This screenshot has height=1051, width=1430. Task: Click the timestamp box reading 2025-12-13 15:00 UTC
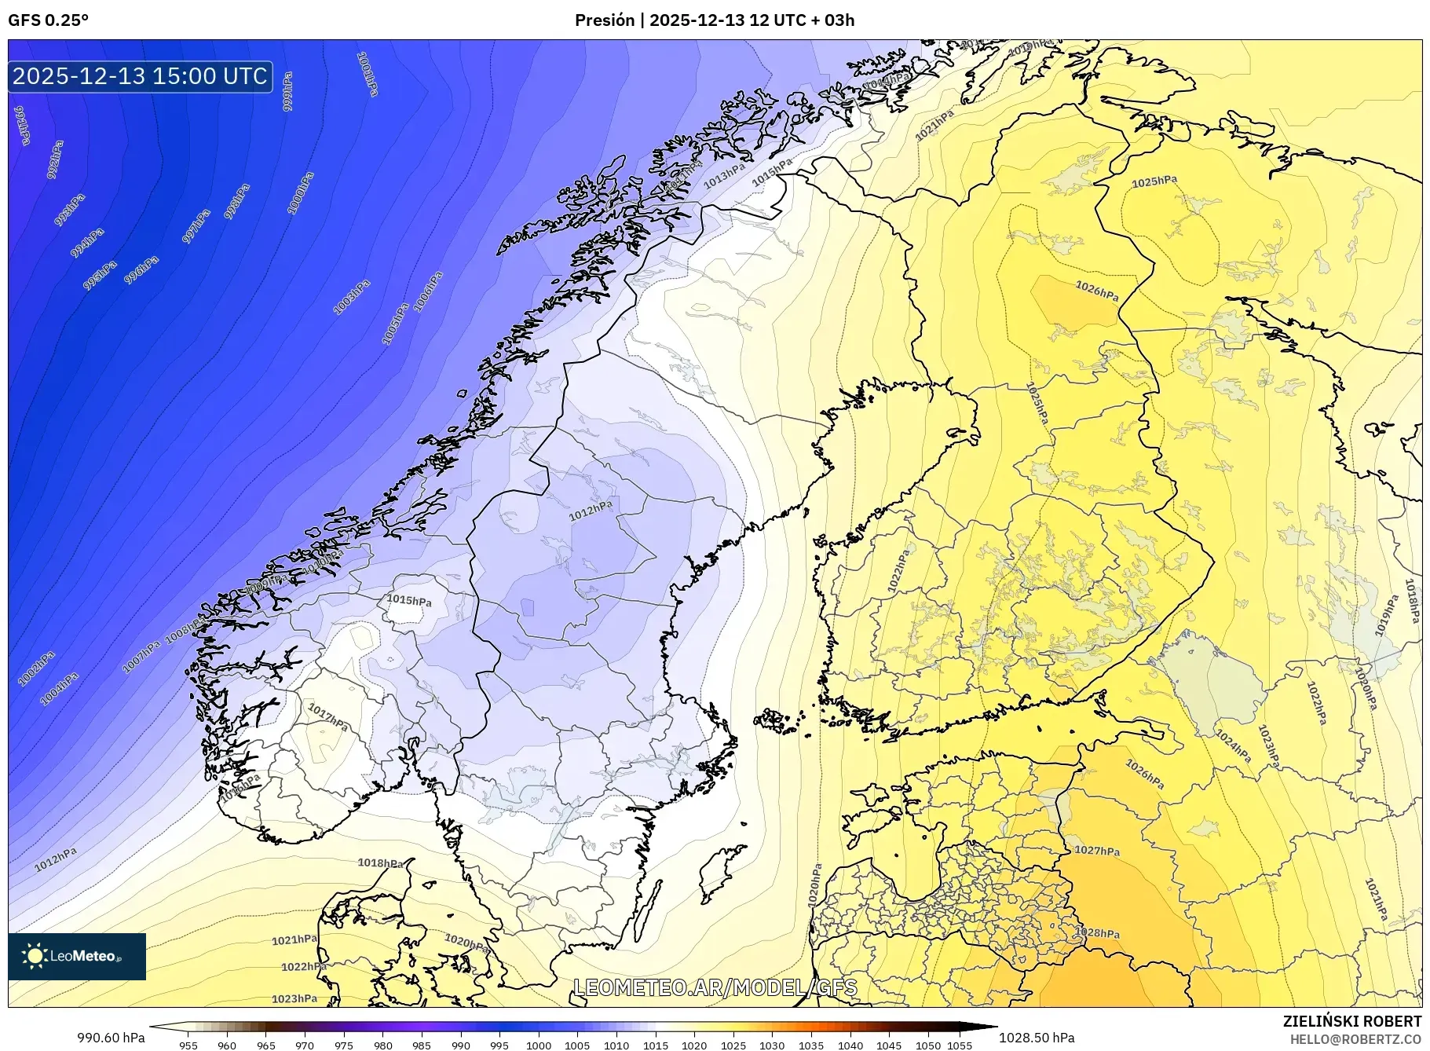click(141, 76)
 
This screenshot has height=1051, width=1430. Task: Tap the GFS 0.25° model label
click(48, 20)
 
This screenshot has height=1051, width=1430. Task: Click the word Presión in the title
click(604, 20)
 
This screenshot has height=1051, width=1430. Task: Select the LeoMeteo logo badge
click(77, 956)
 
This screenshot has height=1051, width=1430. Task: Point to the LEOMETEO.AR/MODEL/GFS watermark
click(715, 987)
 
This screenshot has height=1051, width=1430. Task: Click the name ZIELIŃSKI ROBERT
click(1351, 1021)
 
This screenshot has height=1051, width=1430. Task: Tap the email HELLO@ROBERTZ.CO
click(1355, 1038)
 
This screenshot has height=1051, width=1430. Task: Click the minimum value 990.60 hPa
click(111, 1038)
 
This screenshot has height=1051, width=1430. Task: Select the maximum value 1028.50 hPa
click(1037, 1038)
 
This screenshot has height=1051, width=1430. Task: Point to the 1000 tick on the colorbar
click(539, 1046)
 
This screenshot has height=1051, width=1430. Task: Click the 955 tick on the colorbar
click(188, 1046)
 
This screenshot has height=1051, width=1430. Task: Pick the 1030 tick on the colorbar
click(772, 1046)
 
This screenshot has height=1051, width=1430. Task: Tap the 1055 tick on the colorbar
click(960, 1046)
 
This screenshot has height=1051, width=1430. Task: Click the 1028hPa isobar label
click(1097, 933)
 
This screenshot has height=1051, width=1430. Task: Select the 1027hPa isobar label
click(1097, 851)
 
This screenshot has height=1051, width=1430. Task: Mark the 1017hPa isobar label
click(328, 716)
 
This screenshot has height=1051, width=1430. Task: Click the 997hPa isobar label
click(196, 226)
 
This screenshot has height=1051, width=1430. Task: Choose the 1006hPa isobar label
click(428, 291)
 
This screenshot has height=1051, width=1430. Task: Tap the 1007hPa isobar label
click(141, 656)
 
